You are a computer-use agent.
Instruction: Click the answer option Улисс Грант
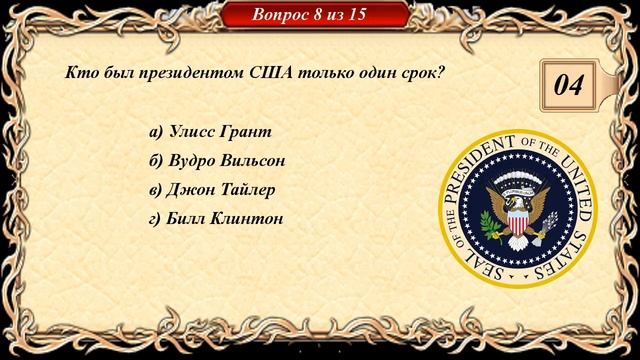210,131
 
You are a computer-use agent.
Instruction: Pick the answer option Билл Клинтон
216,218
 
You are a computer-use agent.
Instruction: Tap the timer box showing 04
568,86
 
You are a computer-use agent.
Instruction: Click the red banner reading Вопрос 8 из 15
317,15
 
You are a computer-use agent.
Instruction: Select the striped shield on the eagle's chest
518,217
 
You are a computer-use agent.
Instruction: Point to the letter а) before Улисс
155,131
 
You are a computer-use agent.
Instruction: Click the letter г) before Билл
154,218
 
